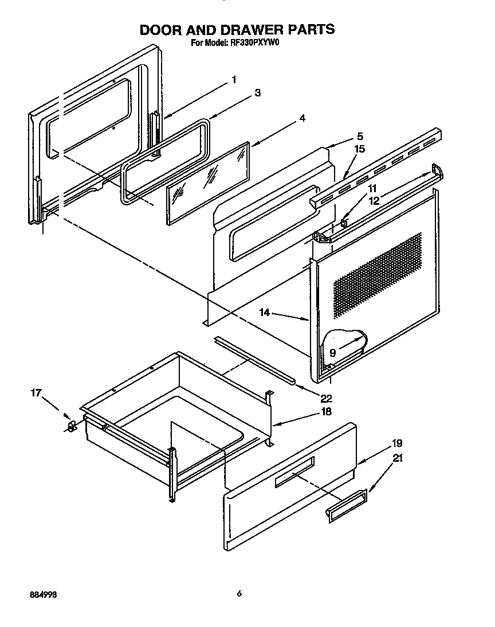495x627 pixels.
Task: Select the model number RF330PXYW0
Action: tap(252, 42)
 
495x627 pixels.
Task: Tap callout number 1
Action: tap(233, 80)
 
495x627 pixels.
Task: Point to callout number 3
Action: tap(258, 93)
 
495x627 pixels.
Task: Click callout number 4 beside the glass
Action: tap(301, 119)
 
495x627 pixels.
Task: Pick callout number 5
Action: tap(360, 136)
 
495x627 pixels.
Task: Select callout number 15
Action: tap(360, 149)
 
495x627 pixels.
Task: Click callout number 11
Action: tap(372, 189)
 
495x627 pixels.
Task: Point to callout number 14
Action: tap(264, 313)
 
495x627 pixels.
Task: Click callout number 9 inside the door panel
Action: tap(332, 353)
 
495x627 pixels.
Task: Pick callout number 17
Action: tap(36, 393)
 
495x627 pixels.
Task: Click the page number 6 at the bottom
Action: tap(239, 594)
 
